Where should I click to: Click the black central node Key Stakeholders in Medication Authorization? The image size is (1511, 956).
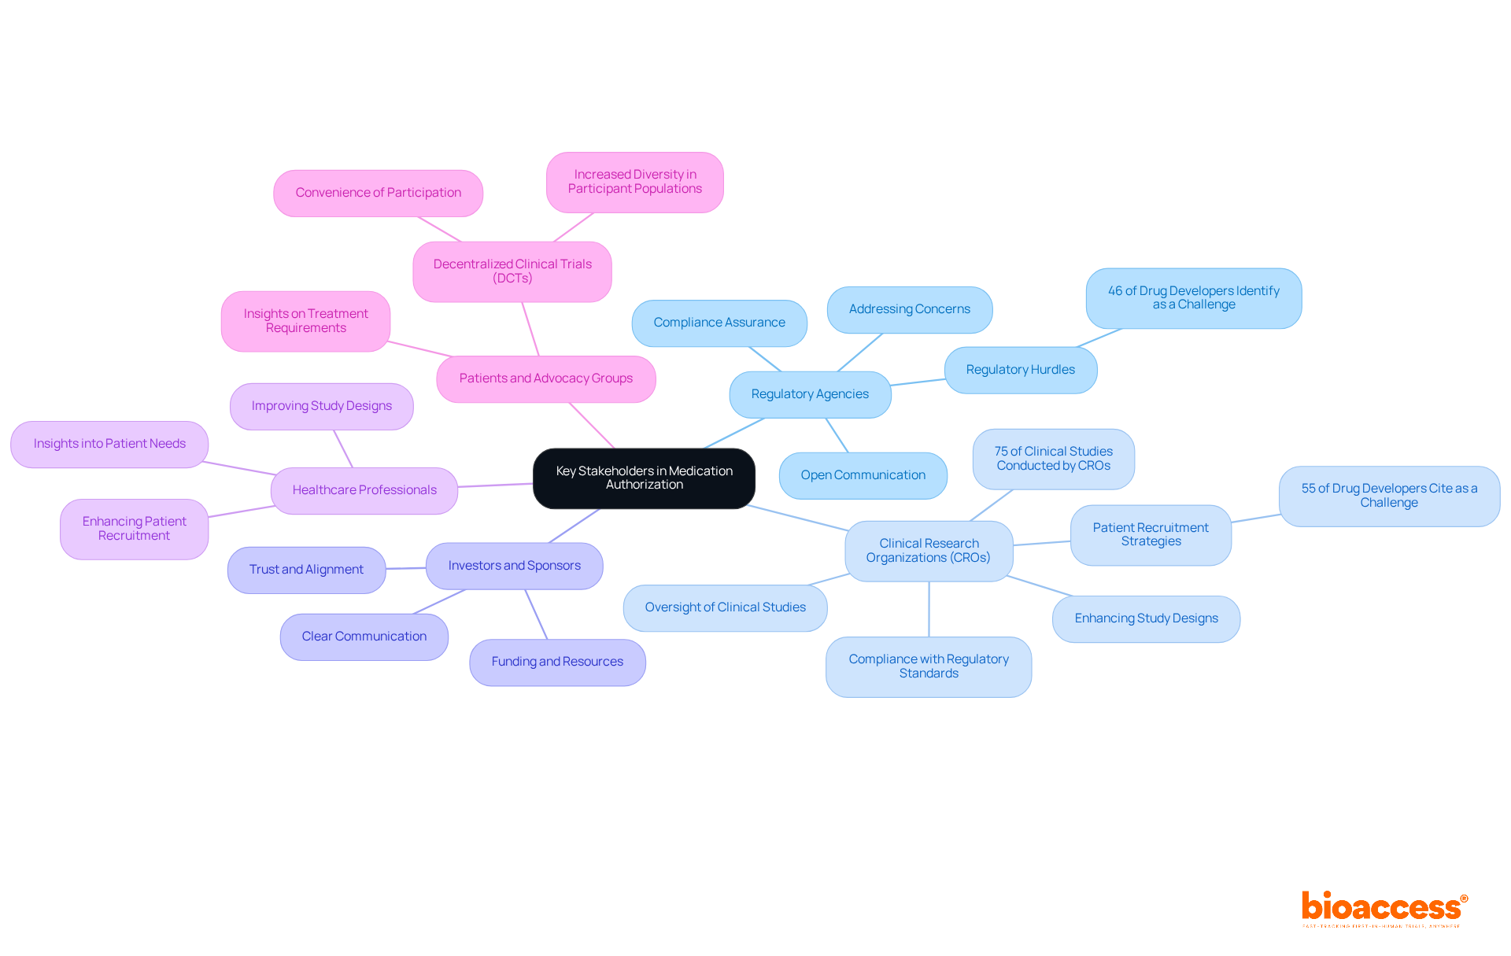click(x=644, y=478)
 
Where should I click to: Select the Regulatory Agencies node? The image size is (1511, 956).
click(x=810, y=394)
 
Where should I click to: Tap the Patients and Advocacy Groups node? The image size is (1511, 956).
click(x=545, y=378)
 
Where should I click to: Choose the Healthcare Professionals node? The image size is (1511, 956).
click(x=364, y=490)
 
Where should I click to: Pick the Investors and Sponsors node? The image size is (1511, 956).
click(x=514, y=566)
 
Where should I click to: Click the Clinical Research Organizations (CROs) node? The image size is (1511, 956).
click(x=929, y=551)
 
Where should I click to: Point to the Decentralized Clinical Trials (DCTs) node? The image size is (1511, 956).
click(x=512, y=271)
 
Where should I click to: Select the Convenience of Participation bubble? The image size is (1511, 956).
click(x=378, y=193)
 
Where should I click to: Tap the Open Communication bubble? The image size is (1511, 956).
click(x=863, y=475)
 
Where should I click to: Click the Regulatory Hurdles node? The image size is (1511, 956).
click(x=1020, y=370)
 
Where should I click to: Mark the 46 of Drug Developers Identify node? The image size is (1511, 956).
click(x=1193, y=298)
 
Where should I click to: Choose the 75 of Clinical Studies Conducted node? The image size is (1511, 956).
click(x=1053, y=459)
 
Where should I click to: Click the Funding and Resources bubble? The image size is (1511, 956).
click(x=557, y=662)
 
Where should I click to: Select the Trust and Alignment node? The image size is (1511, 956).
click(x=306, y=570)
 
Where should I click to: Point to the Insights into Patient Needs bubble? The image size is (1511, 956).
click(x=109, y=444)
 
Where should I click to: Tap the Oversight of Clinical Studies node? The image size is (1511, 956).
click(x=725, y=607)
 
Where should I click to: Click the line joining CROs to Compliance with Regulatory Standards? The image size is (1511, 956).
click(x=929, y=610)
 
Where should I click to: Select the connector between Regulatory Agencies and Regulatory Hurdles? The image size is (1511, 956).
click(x=918, y=382)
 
